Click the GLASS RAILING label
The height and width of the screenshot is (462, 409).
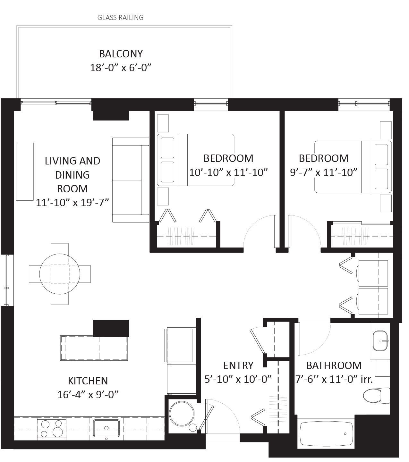[120, 17]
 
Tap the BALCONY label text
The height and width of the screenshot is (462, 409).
[121, 54]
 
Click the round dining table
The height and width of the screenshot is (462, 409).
[60, 274]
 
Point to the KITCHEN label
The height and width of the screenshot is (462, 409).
[88, 381]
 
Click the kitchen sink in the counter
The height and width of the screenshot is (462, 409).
[107, 428]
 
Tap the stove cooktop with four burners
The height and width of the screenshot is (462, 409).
[51, 428]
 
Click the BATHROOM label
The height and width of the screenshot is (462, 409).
[334, 365]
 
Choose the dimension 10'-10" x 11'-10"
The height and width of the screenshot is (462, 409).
[228, 172]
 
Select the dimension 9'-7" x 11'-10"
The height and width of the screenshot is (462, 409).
[323, 172]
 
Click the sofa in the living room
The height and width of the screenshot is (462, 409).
[130, 180]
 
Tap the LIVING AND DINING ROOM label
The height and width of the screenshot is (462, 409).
[72, 174]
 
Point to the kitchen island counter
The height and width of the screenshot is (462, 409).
[94, 348]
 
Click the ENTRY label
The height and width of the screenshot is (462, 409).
[238, 365]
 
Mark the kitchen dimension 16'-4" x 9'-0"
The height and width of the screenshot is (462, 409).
[88, 394]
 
